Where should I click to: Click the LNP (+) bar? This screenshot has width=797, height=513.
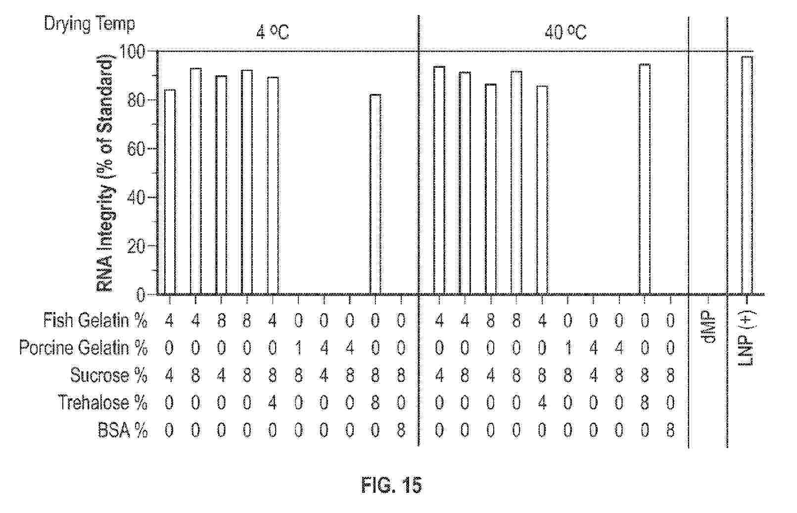[747, 176]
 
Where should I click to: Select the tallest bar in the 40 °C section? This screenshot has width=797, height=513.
[644, 179]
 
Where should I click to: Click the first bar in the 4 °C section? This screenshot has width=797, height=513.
[170, 192]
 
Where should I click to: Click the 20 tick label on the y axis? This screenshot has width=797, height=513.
[137, 246]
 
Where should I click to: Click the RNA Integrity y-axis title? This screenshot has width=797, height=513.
[106, 174]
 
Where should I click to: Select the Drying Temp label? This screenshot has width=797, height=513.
[90, 24]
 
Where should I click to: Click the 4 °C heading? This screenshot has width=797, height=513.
[273, 33]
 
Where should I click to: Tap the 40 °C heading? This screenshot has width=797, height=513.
[565, 33]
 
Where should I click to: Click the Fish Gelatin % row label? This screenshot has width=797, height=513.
[95, 320]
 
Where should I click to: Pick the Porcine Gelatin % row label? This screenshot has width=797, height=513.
[83, 348]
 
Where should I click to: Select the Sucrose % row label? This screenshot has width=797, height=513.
[109, 375]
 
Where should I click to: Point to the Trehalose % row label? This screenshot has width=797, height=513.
[102, 403]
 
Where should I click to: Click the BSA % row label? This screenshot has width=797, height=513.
[123, 430]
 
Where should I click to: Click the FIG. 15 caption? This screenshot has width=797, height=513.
[392, 485]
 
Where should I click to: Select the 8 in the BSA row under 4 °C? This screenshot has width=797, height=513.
[401, 431]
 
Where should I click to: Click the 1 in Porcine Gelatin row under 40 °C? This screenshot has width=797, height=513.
[568, 348]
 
